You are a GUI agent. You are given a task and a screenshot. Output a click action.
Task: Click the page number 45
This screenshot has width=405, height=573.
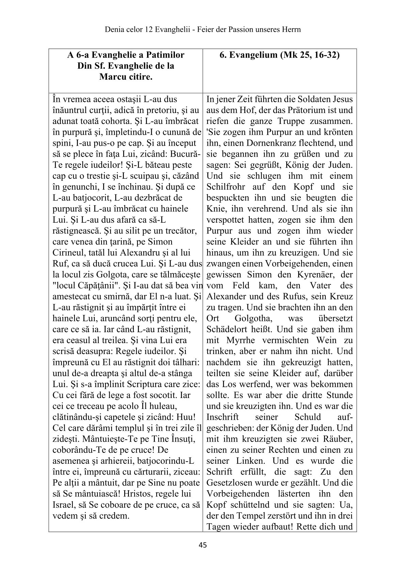[202, 545]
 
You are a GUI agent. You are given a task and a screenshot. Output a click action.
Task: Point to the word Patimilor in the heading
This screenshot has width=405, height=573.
[165, 55]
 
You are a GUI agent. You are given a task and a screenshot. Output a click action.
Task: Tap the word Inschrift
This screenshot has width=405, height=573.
[223, 417]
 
